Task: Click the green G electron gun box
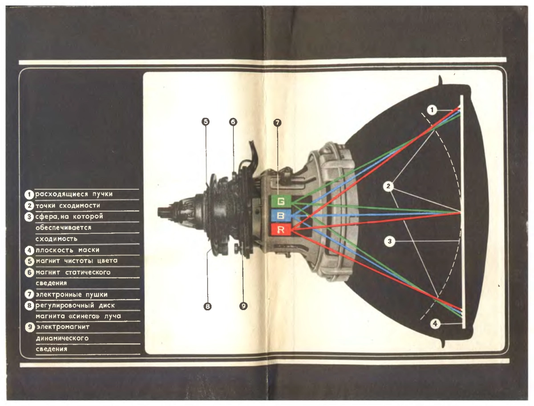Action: (281, 201)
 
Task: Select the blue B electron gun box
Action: (281, 215)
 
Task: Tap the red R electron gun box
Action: (281, 229)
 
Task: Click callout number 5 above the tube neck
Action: (206, 121)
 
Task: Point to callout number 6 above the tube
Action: (233, 122)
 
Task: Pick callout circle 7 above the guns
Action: (277, 123)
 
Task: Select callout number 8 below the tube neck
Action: (207, 306)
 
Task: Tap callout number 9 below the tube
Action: (243, 306)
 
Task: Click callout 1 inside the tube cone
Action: (432, 110)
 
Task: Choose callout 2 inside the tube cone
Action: (388, 186)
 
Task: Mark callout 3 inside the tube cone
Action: (389, 241)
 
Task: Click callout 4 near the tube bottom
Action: (435, 323)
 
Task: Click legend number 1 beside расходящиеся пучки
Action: (29, 194)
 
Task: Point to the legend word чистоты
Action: (79, 261)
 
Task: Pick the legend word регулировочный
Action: (65, 306)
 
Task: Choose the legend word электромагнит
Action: (63, 327)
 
